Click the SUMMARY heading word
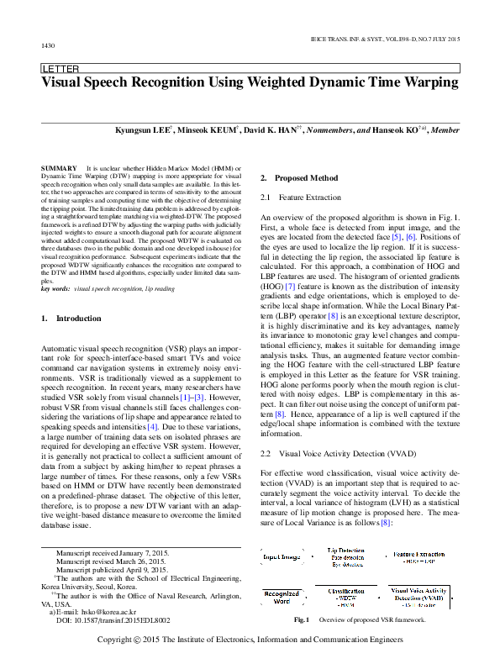(x=58, y=169)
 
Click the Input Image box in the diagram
(x=282, y=557)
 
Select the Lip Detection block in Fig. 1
(x=345, y=556)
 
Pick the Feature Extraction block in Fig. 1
(x=419, y=556)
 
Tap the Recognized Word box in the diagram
(x=282, y=598)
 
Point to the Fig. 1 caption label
(x=302, y=620)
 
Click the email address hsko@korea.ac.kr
(x=92, y=613)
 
